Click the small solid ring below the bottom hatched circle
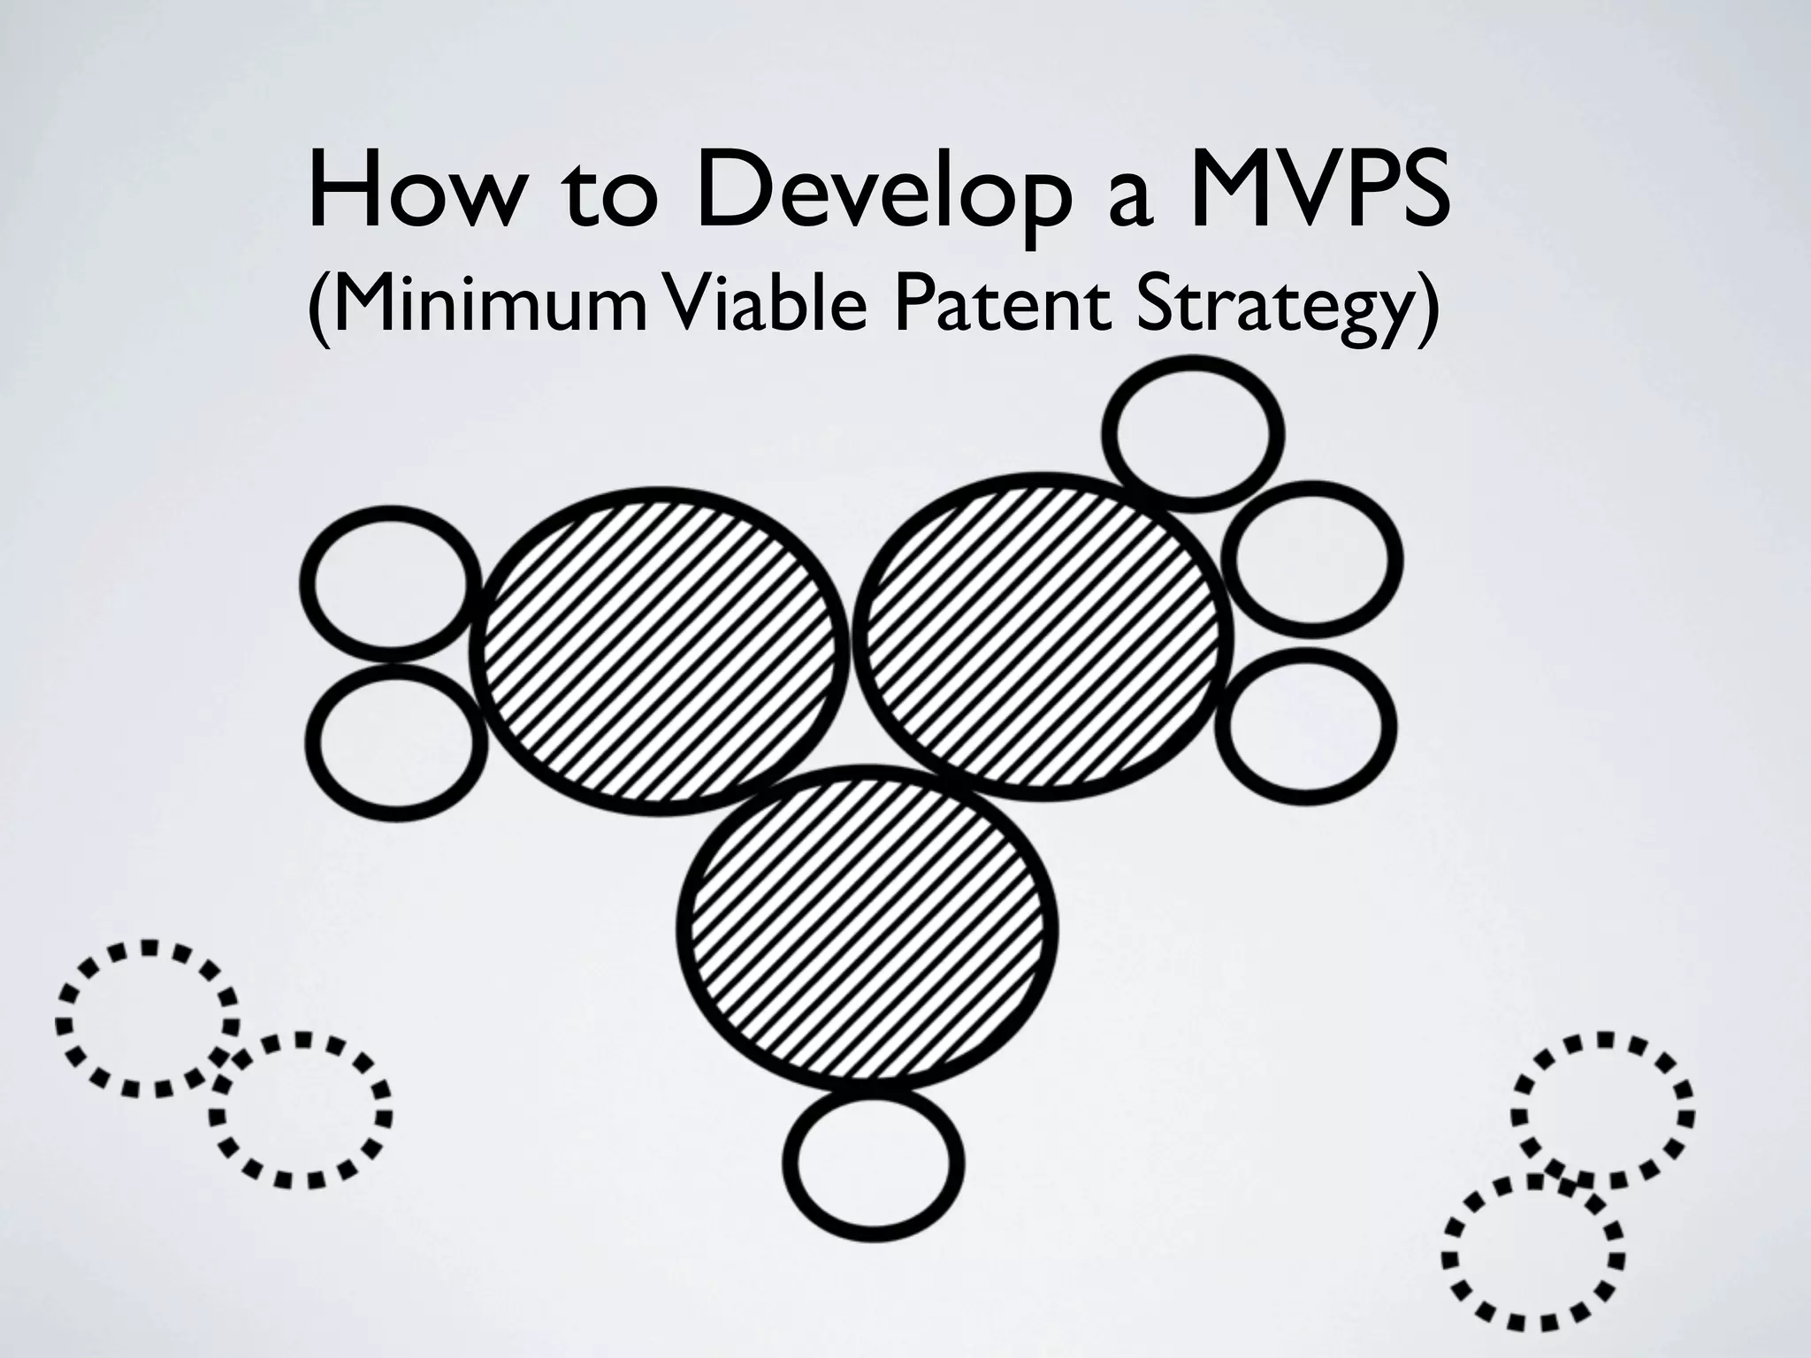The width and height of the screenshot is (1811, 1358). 873,1159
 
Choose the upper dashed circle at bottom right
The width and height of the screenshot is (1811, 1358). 1601,1110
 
